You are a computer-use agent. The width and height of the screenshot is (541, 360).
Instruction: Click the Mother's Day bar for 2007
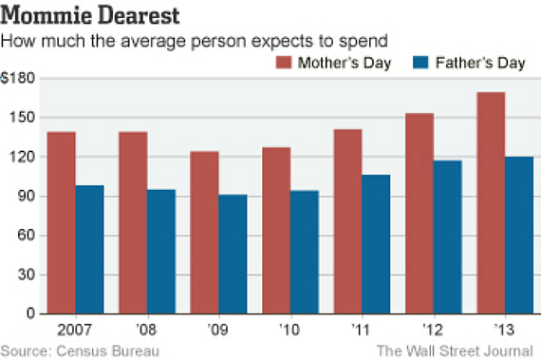(x=61, y=222)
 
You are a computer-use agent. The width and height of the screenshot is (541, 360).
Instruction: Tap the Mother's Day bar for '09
(x=204, y=232)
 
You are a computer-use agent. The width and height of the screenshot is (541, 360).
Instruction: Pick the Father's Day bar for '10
(x=304, y=252)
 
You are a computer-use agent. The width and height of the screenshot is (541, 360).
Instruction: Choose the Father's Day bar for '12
(x=447, y=237)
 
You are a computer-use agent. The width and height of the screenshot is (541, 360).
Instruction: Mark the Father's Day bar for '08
(x=161, y=251)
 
